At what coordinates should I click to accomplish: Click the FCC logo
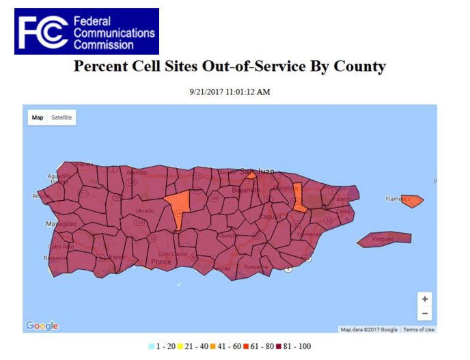click(x=86, y=31)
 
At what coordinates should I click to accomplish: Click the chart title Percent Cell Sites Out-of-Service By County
click(x=230, y=66)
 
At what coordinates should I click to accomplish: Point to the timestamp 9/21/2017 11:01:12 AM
click(x=230, y=92)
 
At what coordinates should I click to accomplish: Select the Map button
click(x=38, y=117)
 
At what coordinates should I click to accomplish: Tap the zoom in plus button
click(x=425, y=299)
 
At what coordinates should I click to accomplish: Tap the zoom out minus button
click(x=425, y=314)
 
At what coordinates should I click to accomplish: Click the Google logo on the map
click(x=42, y=326)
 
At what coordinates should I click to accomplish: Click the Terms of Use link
click(x=418, y=330)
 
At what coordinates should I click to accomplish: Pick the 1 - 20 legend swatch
click(x=152, y=347)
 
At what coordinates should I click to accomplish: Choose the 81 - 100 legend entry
click(x=291, y=347)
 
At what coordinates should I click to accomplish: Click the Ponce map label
click(x=162, y=262)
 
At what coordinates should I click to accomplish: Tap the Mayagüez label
click(x=61, y=223)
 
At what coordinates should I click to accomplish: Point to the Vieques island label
click(x=383, y=239)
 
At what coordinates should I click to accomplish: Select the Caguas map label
click(x=270, y=217)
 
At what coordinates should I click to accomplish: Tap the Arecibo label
click(x=137, y=172)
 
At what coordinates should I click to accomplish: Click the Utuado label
click(x=145, y=210)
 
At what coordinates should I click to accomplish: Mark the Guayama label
click(x=256, y=266)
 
